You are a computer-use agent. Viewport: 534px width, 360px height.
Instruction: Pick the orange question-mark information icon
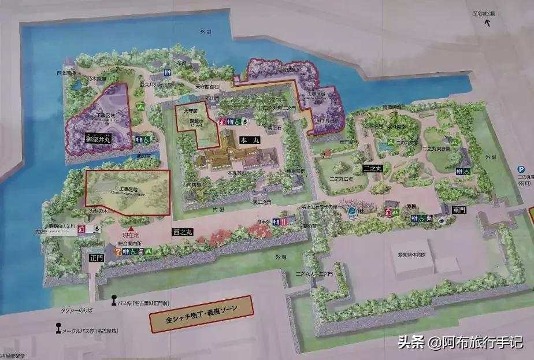point(118,252)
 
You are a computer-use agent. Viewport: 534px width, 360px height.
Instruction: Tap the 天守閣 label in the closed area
point(191,111)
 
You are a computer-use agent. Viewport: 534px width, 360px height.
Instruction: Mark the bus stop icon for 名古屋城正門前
point(114,302)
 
